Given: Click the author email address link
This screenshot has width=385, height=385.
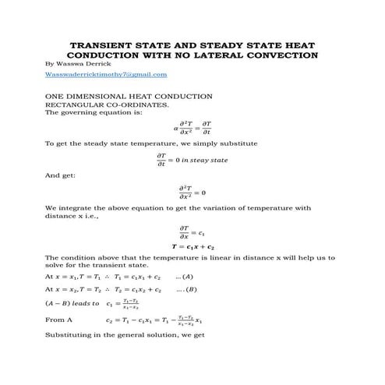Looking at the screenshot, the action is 106,74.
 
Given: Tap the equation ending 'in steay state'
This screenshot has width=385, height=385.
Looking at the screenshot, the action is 192,160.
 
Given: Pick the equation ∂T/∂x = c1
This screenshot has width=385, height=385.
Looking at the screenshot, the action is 192,231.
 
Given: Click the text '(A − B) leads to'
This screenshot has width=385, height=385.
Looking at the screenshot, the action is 72,303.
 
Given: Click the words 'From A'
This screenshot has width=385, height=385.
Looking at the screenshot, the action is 58,320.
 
